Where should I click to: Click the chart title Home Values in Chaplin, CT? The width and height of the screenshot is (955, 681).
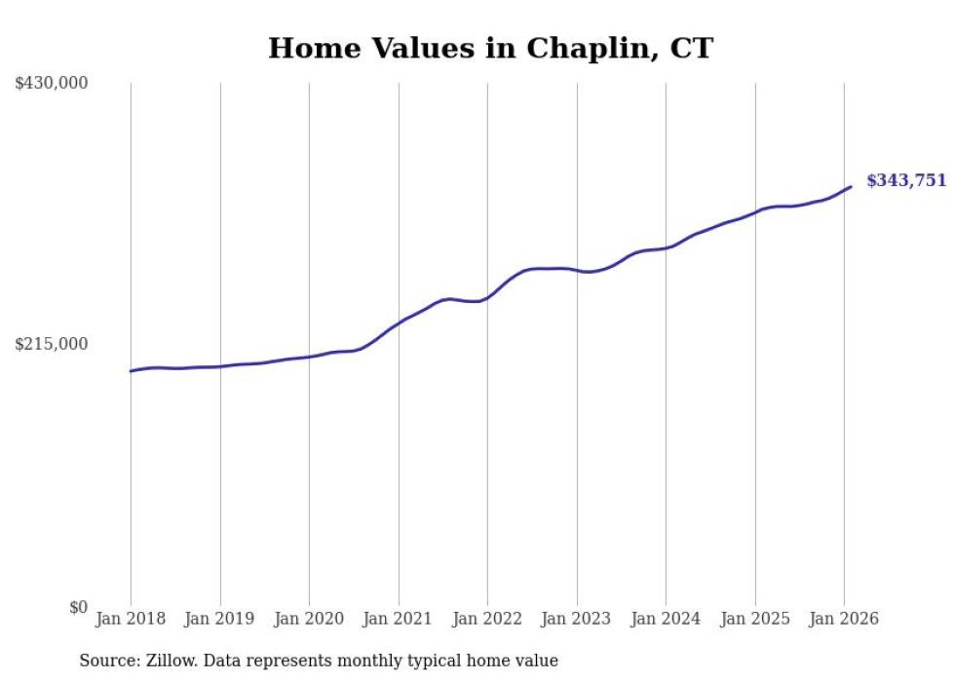pyautogui.click(x=490, y=48)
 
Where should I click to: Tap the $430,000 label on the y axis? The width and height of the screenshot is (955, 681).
pyautogui.click(x=52, y=84)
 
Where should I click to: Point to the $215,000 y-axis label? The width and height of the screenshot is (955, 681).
pyautogui.click(x=52, y=344)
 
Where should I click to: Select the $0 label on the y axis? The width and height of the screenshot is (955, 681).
pyautogui.click(x=79, y=607)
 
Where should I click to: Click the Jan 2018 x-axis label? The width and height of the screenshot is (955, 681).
pyautogui.click(x=131, y=619)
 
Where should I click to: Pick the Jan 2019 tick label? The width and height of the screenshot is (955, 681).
pyautogui.click(x=220, y=619)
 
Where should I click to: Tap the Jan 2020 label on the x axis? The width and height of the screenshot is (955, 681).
pyautogui.click(x=309, y=619)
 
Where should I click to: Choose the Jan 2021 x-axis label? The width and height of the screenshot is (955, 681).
pyautogui.click(x=399, y=619)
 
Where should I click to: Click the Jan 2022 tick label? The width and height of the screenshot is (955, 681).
pyautogui.click(x=487, y=619)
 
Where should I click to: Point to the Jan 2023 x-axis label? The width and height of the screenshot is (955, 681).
pyautogui.click(x=577, y=619)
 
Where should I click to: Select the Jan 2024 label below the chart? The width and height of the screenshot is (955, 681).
pyautogui.click(x=666, y=619)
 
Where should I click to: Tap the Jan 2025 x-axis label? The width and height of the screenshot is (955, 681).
pyautogui.click(x=755, y=619)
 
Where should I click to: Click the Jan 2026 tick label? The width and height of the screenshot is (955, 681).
pyautogui.click(x=844, y=619)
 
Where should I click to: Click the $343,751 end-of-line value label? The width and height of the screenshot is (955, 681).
pyautogui.click(x=906, y=180)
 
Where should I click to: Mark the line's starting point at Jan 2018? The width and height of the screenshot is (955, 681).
pyautogui.click(x=131, y=371)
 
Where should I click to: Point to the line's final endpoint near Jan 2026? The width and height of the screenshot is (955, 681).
pyautogui.click(x=851, y=186)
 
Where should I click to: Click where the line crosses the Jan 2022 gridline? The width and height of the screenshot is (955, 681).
pyautogui.click(x=487, y=297)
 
